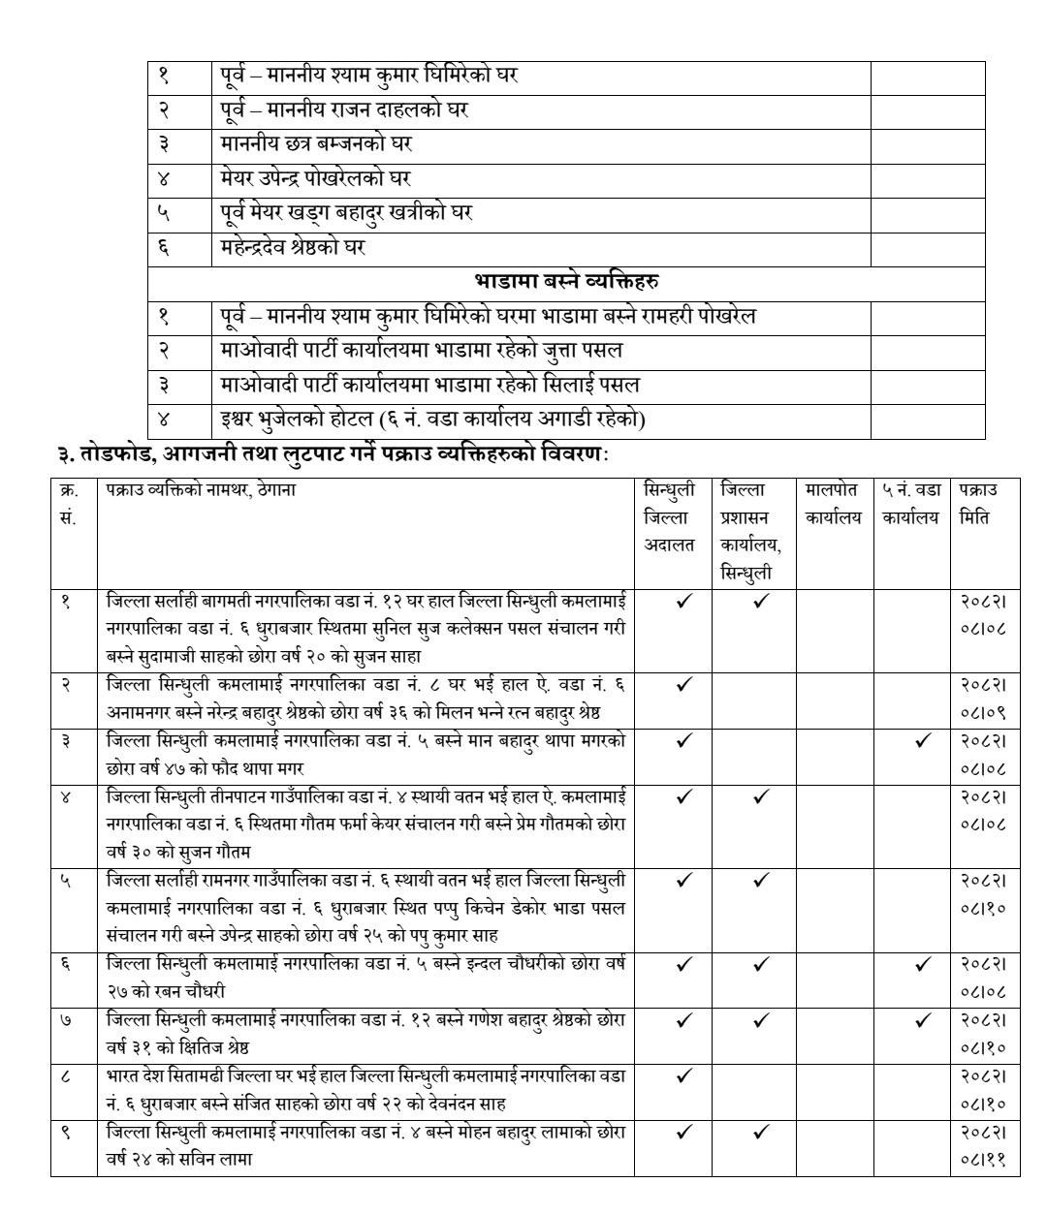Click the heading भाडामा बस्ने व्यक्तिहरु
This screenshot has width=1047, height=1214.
click(x=566, y=282)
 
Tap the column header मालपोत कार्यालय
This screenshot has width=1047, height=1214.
click(x=833, y=504)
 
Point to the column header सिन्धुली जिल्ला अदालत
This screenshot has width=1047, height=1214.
click(x=670, y=517)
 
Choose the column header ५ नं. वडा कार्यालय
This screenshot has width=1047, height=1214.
click(x=910, y=504)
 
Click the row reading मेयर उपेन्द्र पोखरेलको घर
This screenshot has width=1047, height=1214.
click(x=315, y=178)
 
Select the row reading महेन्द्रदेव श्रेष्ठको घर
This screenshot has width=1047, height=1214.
click(x=292, y=247)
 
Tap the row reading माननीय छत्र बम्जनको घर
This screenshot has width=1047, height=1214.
click(x=316, y=143)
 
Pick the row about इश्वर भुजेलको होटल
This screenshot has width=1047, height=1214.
click(x=432, y=420)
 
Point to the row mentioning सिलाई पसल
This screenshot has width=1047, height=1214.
click(x=429, y=385)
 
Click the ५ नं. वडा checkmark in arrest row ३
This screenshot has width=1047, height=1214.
click(x=922, y=741)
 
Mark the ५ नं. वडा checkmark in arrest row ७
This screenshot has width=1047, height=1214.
click(x=922, y=1020)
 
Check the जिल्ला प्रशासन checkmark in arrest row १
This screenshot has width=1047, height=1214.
click(x=761, y=602)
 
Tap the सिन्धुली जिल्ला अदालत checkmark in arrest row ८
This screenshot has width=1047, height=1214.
click(x=684, y=1075)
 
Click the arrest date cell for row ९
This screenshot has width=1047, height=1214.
click(x=983, y=1144)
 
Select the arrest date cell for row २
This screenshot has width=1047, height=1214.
click(x=983, y=698)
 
